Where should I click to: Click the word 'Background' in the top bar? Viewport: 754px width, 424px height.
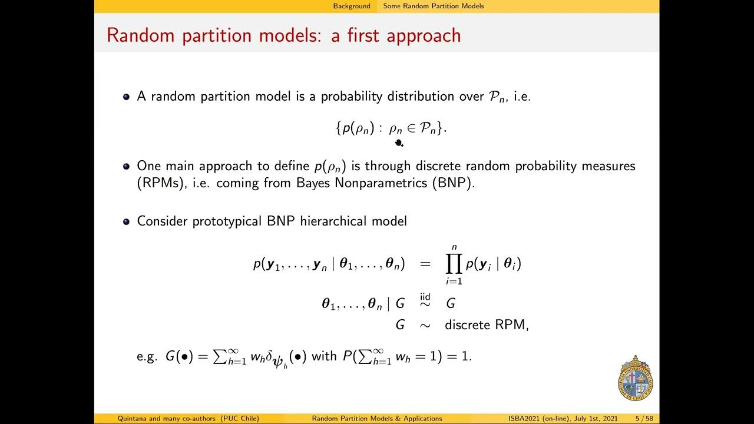click(x=352, y=6)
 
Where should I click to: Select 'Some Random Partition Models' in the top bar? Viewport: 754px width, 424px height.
click(x=433, y=6)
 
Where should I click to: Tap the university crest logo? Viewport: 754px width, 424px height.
click(x=635, y=379)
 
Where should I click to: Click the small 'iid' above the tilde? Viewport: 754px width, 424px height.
click(x=425, y=296)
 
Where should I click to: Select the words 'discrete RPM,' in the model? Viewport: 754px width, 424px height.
click(x=487, y=324)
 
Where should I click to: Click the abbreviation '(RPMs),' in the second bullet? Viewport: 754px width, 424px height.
click(x=157, y=183)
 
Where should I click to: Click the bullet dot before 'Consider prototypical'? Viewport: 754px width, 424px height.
click(x=126, y=222)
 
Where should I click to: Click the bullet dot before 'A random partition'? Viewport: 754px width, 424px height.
click(x=126, y=97)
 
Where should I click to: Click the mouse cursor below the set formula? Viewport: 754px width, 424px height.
click(x=399, y=143)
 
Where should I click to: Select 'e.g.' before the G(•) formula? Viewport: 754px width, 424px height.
click(x=147, y=357)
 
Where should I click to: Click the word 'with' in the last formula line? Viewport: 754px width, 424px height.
click(x=324, y=356)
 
